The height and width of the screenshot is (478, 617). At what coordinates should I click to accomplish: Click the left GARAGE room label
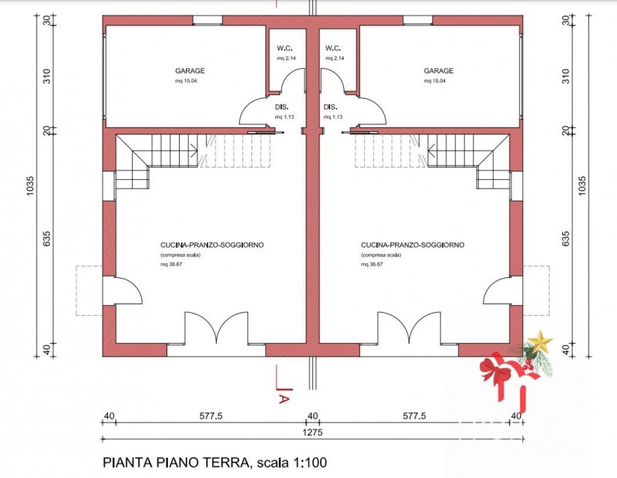coord(190,71)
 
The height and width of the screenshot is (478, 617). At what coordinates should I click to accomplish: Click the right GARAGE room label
coord(438,71)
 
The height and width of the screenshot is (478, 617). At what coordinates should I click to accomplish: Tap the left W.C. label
coord(285,49)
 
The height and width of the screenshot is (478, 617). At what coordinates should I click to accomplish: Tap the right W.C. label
coord(333,49)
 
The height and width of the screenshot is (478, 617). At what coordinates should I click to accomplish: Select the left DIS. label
coord(282,107)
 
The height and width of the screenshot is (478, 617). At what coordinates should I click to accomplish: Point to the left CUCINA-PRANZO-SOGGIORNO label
coord(212,245)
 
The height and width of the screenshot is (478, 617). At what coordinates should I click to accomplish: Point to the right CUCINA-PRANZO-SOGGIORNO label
coord(413,245)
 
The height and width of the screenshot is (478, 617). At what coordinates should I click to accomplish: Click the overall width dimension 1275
coord(312,432)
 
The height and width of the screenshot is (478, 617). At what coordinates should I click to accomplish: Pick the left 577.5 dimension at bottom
coord(211,415)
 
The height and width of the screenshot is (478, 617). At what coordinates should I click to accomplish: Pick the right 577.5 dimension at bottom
coord(414,415)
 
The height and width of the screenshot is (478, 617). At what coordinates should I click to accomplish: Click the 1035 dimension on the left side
coord(31,185)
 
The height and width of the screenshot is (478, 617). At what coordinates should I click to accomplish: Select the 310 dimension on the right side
coord(565,76)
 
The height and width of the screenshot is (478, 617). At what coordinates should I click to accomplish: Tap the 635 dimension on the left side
coord(47,239)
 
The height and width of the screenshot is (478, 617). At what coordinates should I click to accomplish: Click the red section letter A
coord(284,398)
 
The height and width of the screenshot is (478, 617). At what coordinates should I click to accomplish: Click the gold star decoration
coord(540,341)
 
